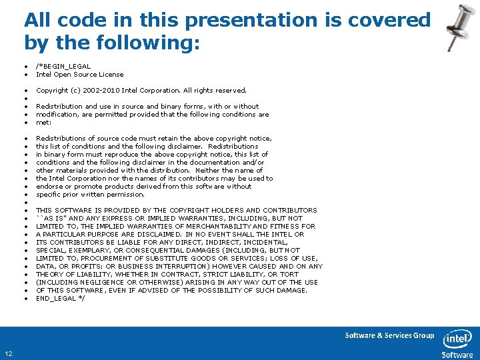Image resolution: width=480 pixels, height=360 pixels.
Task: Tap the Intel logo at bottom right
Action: [457, 339]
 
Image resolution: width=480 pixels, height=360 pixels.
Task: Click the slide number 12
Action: [7, 353]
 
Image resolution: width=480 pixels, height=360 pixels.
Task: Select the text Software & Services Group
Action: [389, 335]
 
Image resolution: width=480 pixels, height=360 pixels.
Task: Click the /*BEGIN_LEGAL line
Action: [63, 67]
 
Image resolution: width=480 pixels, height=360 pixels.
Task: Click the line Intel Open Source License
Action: [79, 75]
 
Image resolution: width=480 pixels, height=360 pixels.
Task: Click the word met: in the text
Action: [43, 122]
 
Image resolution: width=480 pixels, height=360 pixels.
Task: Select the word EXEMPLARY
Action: [83, 250]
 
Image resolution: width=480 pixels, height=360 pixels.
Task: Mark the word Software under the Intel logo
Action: [457, 355]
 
